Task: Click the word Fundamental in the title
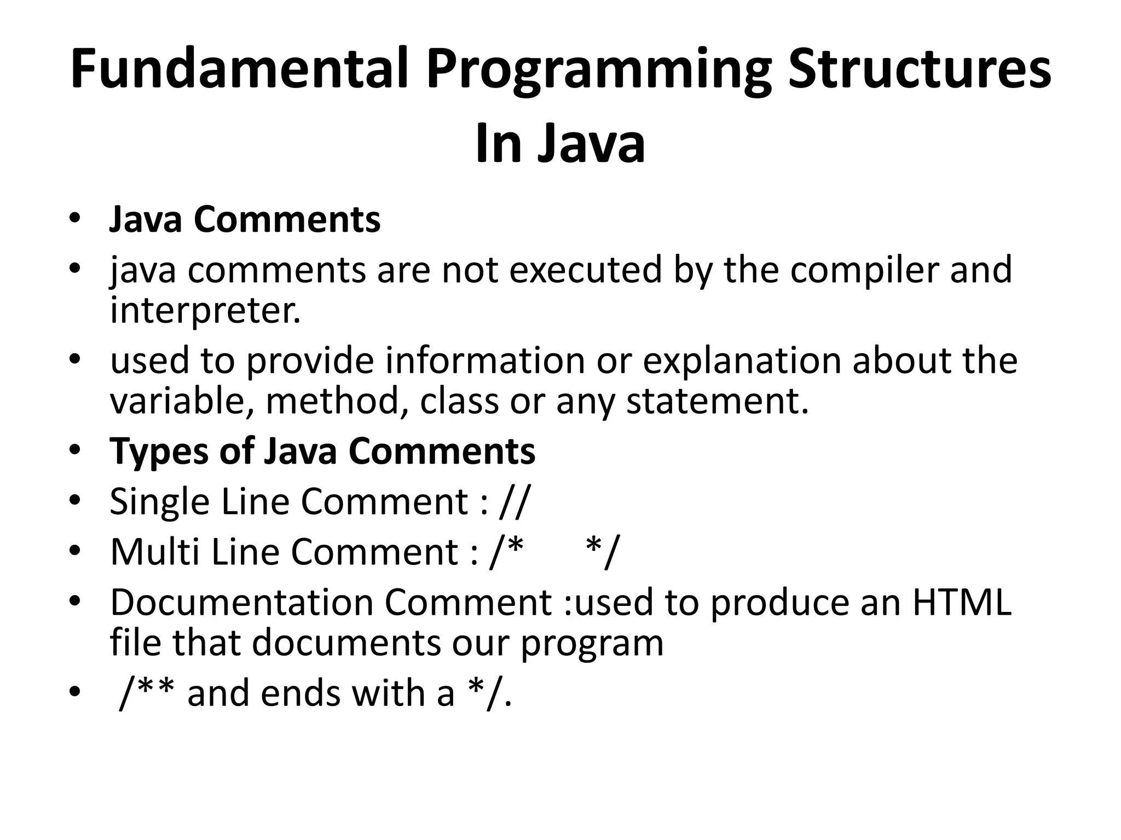pyautogui.click(x=240, y=70)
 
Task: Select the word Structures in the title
pyautogui.click(x=919, y=70)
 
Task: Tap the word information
pyautogui.click(x=485, y=361)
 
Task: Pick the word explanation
pyautogui.click(x=741, y=361)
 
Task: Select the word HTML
pyautogui.click(x=961, y=602)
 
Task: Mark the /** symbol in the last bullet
pyautogui.click(x=147, y=692)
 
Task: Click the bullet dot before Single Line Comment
pyautogui.click(x=75, y=500)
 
